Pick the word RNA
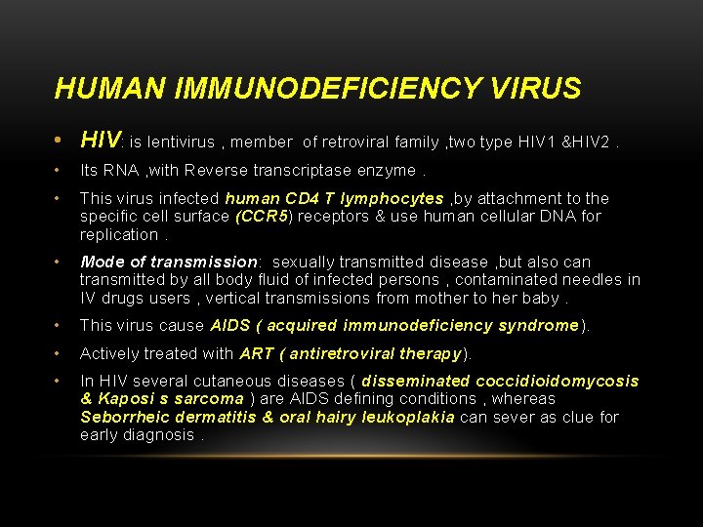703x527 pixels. tap(120, 171)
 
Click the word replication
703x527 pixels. tap(118, 234)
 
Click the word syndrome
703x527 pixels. tap(538, 326)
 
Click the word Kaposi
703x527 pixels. tap(123, 399)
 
